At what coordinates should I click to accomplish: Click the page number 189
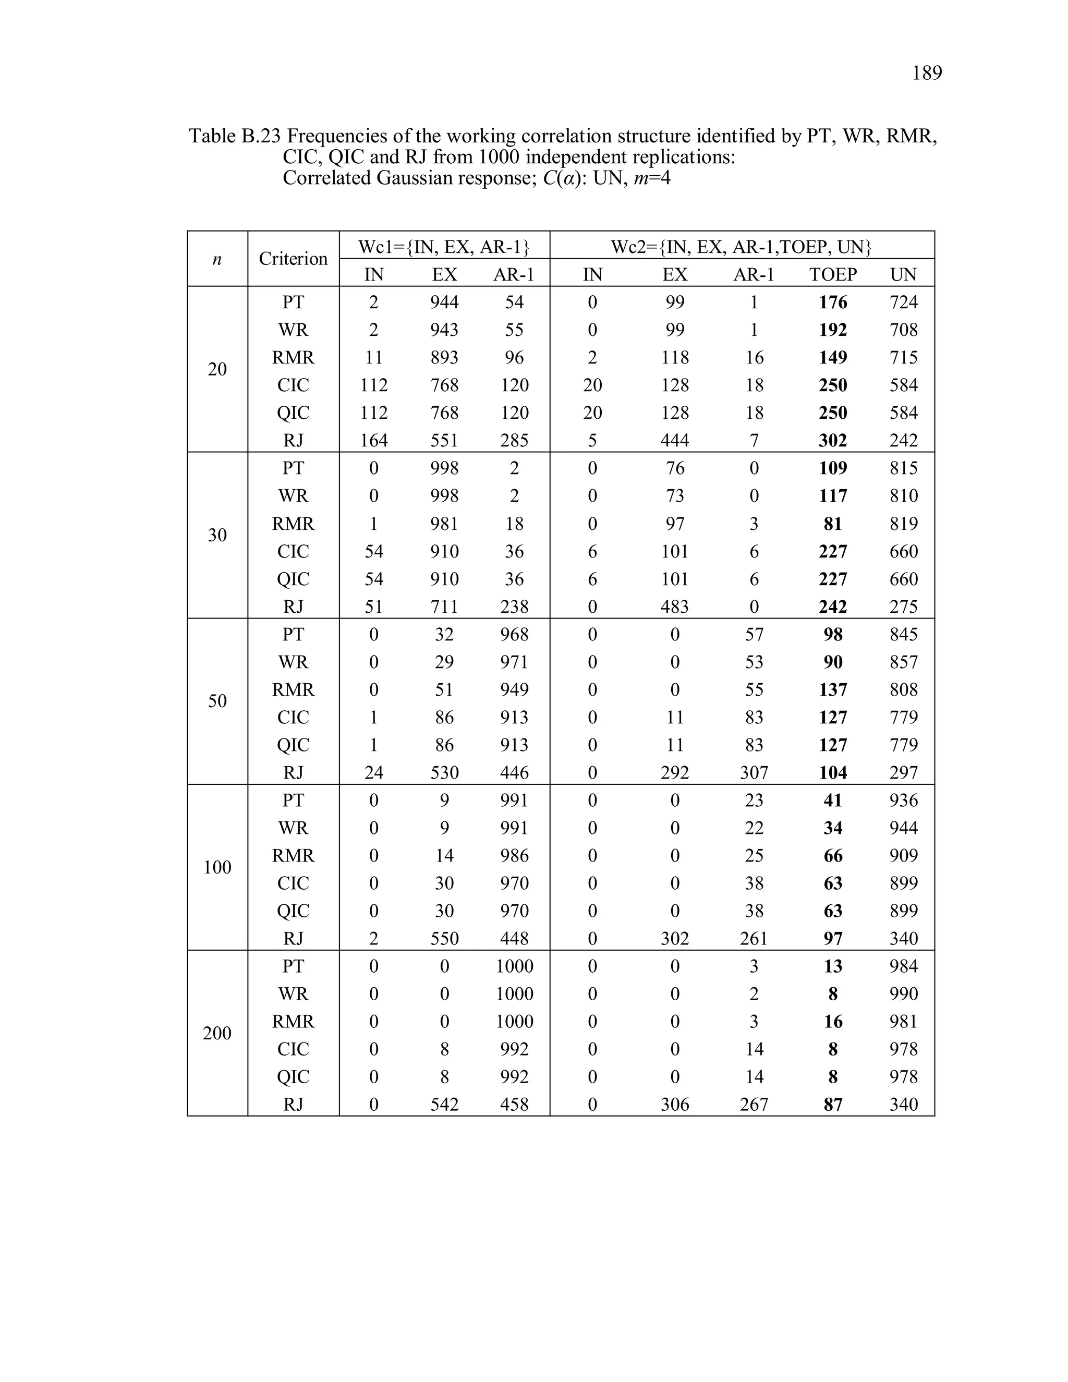pos(926,74)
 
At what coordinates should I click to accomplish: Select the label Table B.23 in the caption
pos(234,136)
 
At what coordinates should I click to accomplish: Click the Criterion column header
pos(293,258)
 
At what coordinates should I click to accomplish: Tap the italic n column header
pos(217,258)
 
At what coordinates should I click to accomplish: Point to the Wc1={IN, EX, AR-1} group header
pos(444,246)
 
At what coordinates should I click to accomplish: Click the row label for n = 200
pos(217,1033)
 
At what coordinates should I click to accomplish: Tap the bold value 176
pos(833,302)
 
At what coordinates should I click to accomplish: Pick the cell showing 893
pos(444,358)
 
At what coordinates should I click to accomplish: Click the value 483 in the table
pos(674,607)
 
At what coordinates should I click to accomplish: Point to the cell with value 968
pos(514,634)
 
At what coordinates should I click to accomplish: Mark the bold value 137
pos(833,690)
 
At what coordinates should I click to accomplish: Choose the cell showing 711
pos(444,607)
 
